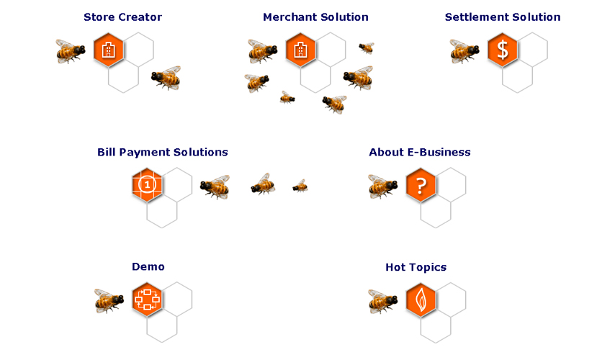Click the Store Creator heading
122,17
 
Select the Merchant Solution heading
315,17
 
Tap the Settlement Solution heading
503,17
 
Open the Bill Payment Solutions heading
163,153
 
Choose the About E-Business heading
420,153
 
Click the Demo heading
148,267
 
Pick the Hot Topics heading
416,268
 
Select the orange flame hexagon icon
421,300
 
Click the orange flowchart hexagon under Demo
148,300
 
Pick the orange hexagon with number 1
148,185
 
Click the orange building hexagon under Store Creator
109,50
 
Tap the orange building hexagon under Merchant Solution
301,50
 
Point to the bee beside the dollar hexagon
464,50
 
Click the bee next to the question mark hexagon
383,186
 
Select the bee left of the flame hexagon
383,301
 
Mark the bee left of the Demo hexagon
109,300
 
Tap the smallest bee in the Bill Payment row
300,186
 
